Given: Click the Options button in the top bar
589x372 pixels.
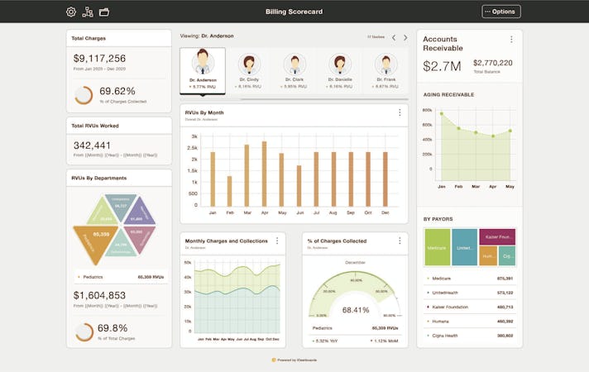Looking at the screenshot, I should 501,12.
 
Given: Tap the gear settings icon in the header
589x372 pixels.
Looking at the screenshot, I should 71,12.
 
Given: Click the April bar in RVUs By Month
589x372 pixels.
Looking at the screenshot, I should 264,173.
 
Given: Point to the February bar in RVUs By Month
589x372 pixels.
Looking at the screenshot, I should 229,190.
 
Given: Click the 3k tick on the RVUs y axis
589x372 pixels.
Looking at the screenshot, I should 194,136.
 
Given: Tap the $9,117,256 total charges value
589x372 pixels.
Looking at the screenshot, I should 99,59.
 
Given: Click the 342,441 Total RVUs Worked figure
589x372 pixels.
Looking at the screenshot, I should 92,145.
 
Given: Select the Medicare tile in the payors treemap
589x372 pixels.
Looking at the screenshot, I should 437,247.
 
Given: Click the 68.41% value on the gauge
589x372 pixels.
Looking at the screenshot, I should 355,310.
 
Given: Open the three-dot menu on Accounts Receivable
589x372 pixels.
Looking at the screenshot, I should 510,40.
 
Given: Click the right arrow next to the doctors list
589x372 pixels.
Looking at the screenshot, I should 405,37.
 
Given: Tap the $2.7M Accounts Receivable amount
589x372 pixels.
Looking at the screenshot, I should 442,65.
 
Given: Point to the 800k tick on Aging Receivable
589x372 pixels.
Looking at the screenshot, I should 428,110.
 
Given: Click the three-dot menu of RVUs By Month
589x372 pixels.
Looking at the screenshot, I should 400,112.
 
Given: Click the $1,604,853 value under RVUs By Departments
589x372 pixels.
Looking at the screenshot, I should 99,295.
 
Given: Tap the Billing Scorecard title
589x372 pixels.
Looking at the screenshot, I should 294,12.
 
